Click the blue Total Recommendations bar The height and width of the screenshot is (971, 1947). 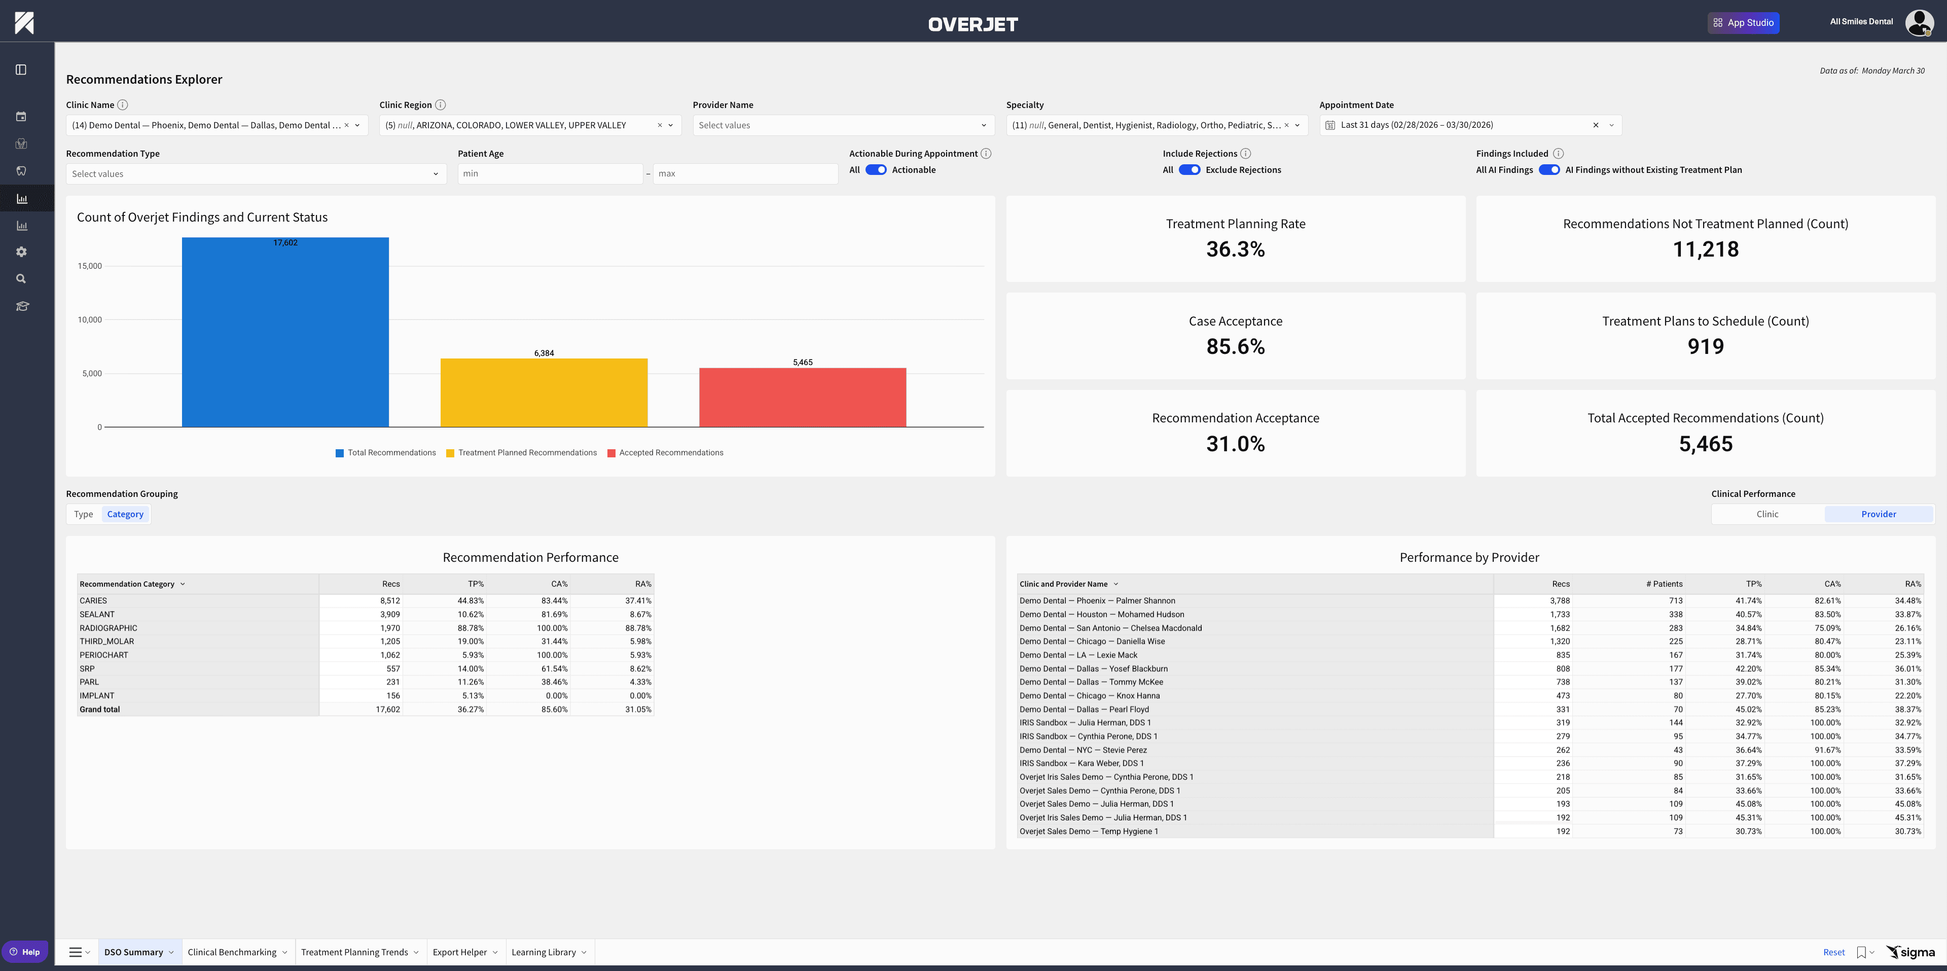pyautogui.click(x=285, y=333)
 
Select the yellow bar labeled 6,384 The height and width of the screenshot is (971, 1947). pyautogui.click(x=544, y=393)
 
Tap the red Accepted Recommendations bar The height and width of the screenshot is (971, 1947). pyautogui.click(x=802, y=398)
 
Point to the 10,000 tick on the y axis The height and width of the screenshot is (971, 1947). pyautogui.click(x=90, y=319)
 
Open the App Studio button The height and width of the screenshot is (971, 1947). pyautogui.click(x=1743, y=23)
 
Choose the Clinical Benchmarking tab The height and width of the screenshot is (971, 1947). pyautogui.click(x=232, y=952)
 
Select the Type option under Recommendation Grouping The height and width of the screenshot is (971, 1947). pyautogui.click(x=83, y=514)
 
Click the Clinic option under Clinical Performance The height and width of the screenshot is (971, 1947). pyautogui.click(x=1767, y=514)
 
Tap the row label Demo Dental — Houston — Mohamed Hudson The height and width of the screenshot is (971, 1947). pyautogui.click(x=1101, y=615)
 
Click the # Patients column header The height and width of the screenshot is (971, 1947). pyautogui.click(x=1664, y=584)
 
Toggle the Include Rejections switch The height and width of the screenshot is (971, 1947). pyautogui.click(x=1189, y=170)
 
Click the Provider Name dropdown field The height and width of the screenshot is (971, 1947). pyautogui.click(x=843, y=125)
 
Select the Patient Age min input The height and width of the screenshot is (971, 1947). pyautogui.click(x=550, y=174)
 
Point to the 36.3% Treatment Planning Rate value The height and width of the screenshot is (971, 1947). pyautogui.click(x=1235, y=249)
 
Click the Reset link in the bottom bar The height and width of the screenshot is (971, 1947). pyautogui.click(x=1833, y=952)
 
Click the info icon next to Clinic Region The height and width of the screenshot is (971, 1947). pyautogui.click(x=441, y=105)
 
